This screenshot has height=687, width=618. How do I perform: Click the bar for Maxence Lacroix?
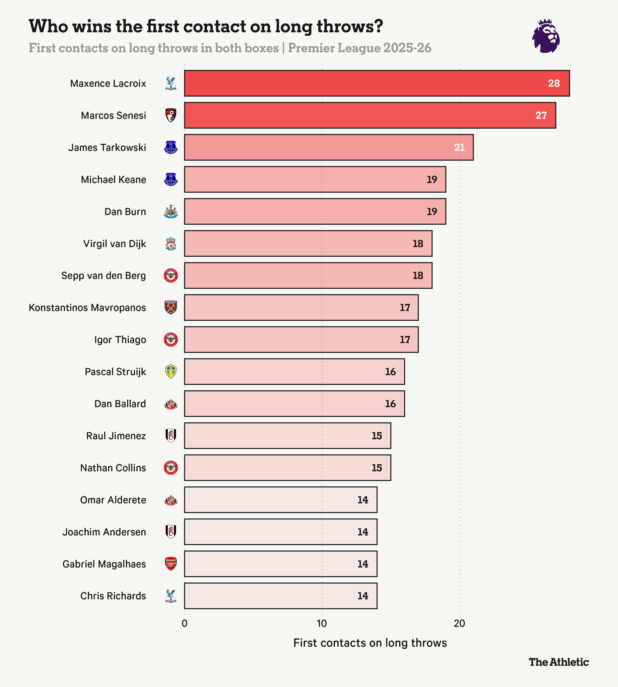point(377,83)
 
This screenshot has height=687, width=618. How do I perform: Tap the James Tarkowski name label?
point(107,147)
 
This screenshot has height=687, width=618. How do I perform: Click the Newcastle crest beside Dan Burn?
point(171,211)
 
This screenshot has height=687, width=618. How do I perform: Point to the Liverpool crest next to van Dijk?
point(171,244)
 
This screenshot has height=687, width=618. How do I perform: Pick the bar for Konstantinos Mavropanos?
point(301,308)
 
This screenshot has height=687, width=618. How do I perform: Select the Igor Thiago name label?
point(120,340)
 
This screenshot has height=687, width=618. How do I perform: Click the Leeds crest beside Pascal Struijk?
point(171,372)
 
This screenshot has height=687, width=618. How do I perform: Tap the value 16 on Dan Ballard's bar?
point(390,404)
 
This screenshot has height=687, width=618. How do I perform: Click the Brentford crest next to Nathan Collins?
point(171,468)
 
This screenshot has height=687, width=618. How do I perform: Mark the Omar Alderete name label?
point(113,500)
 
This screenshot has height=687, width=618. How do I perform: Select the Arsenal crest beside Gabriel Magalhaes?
point(171,564)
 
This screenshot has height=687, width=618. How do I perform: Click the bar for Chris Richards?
point(281,596)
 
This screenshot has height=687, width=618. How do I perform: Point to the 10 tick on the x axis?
point(322,624)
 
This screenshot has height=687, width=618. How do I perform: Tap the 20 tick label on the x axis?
point(459,624)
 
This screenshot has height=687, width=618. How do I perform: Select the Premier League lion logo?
point(546,36)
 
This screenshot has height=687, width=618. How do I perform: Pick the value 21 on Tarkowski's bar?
point(459,147)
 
